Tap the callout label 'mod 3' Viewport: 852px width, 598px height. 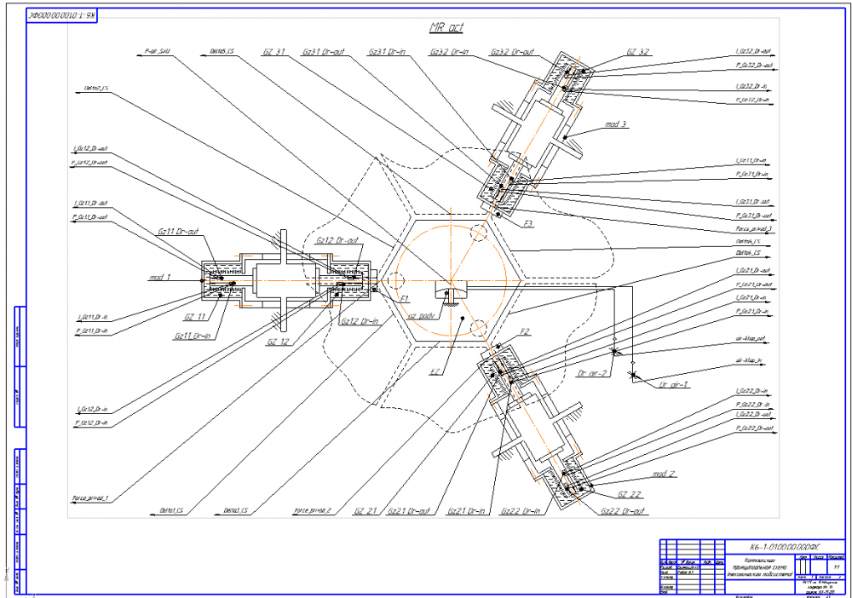coord(616,124)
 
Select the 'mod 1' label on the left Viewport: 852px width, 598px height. coord(160,278)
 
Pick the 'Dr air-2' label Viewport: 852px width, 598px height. coord(591,372)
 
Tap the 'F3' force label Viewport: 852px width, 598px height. coord(528,224)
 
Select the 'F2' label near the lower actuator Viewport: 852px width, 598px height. coord(526,331)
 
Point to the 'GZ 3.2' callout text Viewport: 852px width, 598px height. coord(638,52)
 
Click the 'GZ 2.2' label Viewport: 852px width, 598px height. coord(629,494)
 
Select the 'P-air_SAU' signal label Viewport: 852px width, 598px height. coord(158,51)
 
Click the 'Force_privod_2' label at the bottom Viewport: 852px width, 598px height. coord(312,511)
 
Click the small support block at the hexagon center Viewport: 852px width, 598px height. coord(448,290)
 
